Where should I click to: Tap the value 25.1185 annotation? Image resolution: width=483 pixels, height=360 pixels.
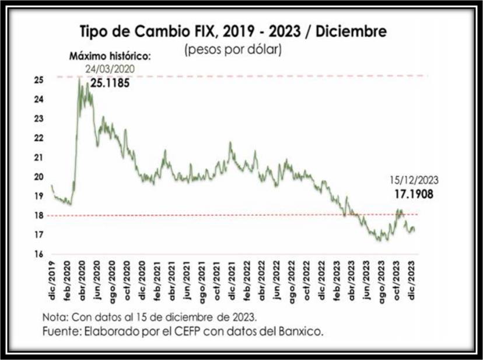(109, 83)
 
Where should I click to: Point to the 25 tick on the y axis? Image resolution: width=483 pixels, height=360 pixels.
(38, 80)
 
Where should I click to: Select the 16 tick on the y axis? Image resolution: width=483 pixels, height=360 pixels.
(38, 254)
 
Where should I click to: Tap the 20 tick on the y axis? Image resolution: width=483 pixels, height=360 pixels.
(38, 177)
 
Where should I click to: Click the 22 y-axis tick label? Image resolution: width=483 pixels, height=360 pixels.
(38, 138)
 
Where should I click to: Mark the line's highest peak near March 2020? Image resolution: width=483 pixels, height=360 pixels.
(79, 78)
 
